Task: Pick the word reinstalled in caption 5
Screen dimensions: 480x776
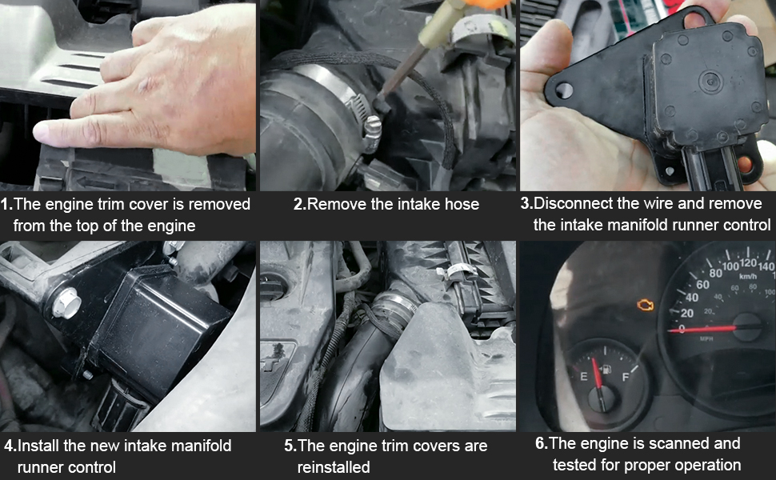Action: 334,466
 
